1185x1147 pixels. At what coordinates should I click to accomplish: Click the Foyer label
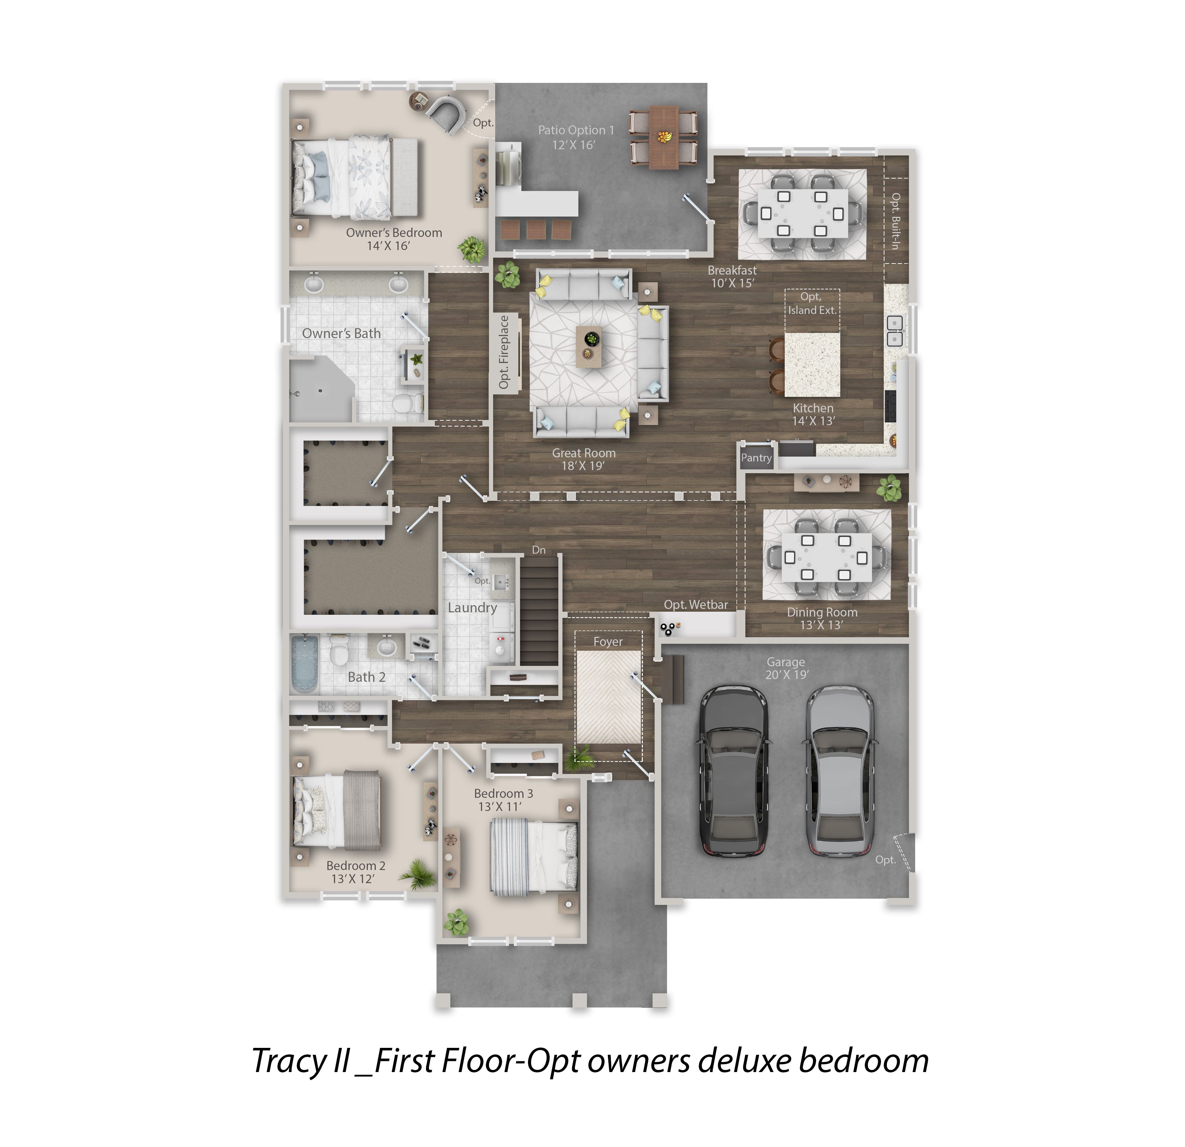pyautogui.click(x=608, y=641)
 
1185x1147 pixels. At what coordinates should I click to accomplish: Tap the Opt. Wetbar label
pyautogui.click(x=696, y=604)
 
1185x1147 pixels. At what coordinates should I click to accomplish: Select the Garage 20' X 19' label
pyautogui.click(x=786, y=668)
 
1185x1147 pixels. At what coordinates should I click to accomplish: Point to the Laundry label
pyautogui.click(x=472, y=608)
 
